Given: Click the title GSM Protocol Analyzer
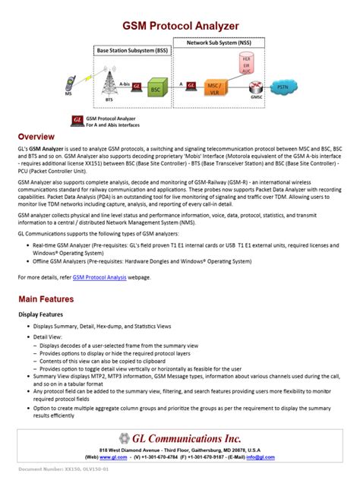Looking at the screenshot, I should [180, 25].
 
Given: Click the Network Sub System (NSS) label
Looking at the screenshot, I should [226, 44].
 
